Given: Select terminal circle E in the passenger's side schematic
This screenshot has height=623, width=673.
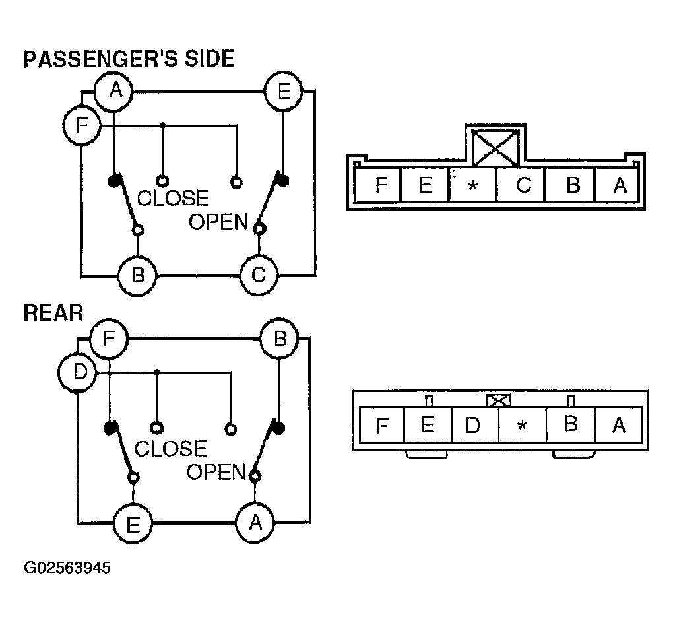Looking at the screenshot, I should point(283,91).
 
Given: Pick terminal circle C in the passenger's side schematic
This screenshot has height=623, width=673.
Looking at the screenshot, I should point(259,274).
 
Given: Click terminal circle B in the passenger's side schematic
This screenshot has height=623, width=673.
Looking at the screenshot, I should point(137,274).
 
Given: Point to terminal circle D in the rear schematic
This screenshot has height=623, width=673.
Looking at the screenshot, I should point(79,373).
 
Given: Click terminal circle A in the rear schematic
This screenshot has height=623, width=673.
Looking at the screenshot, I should point(255,523).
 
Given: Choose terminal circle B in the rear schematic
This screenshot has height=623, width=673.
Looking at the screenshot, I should point(280,340).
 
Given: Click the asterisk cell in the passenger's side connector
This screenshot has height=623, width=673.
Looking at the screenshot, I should point(472,186).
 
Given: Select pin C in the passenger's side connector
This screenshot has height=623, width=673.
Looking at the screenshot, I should point(522,185).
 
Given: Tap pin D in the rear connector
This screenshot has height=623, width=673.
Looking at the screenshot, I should point(473,424).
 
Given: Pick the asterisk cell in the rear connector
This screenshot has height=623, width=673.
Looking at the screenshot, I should point(522,425).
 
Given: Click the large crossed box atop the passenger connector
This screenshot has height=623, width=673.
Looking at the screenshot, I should point(496,146).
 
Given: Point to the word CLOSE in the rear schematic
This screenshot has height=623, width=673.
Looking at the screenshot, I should point(170,449).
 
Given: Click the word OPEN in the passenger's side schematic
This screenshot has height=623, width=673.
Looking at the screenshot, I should point(218,222).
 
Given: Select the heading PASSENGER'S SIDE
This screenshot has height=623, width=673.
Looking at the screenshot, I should point(129,59).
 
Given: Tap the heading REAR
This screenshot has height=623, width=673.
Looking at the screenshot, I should point(53,312).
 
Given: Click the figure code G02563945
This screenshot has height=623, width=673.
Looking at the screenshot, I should point(67,568).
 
